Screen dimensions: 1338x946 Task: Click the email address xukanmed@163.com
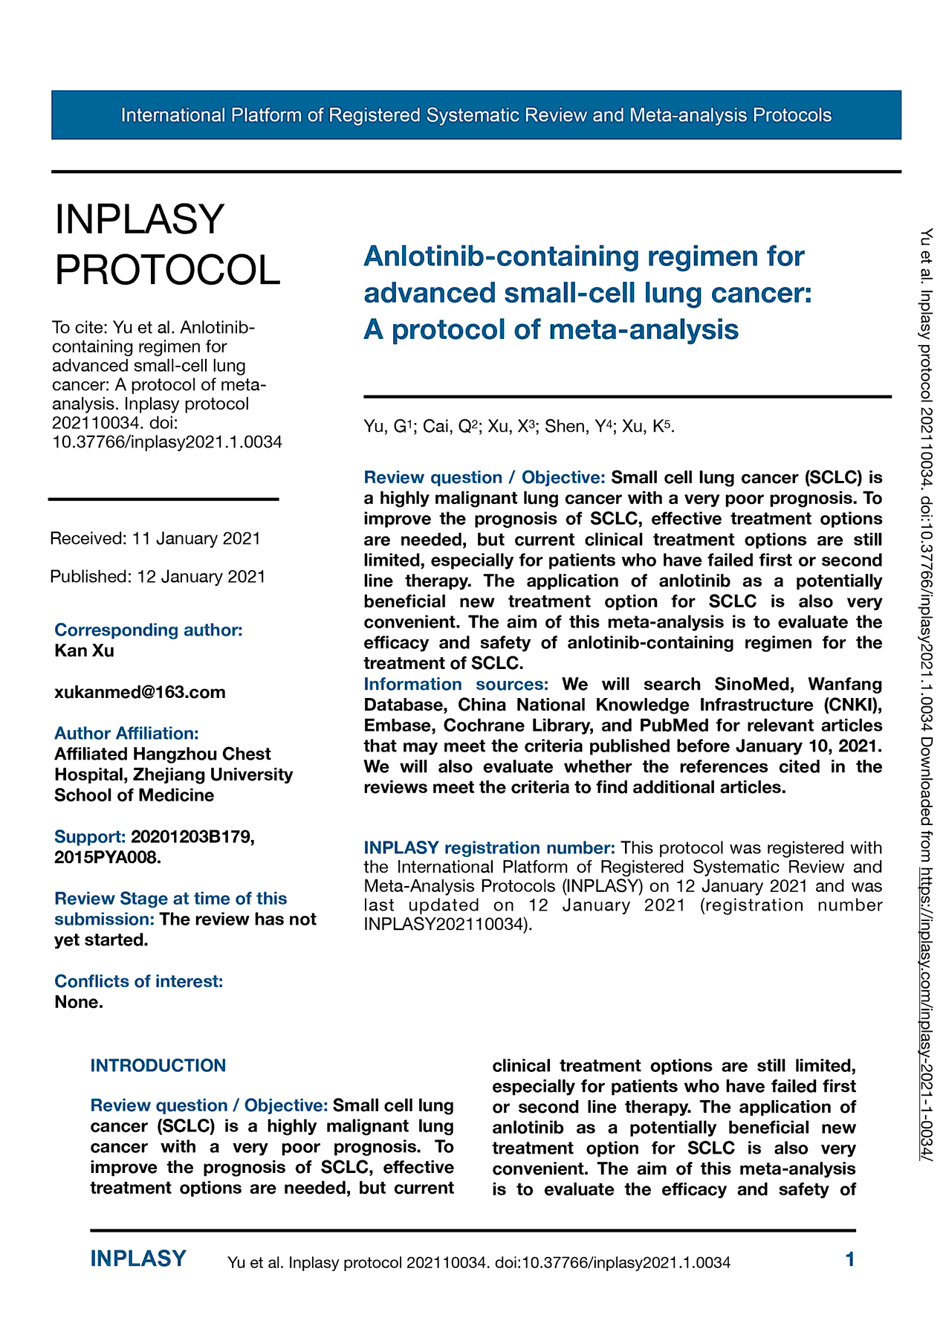click(140, 693)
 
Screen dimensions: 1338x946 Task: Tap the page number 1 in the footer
click(850, 1259)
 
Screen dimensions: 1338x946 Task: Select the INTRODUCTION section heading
click(158, 1066)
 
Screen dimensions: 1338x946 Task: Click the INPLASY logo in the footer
click(138, 1259)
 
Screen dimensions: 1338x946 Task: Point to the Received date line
click(155, 538)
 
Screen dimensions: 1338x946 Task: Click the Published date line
click(158, 577)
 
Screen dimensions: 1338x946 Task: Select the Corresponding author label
click(149, 630)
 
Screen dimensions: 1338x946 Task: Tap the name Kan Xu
click(84, 651)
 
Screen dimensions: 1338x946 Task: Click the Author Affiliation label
click(126, 734)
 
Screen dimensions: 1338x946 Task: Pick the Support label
click(89, 837)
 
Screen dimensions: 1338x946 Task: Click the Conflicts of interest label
click(138, 981)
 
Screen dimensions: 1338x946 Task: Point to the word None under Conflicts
click(78, 1002)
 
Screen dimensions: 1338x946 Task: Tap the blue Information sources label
click(456, 684)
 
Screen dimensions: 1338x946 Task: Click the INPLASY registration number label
click(489, 848)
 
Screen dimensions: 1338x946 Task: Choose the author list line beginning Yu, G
click(519, 427)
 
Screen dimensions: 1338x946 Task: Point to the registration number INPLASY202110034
click(446, 925)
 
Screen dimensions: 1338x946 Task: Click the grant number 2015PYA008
click(106, 858)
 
